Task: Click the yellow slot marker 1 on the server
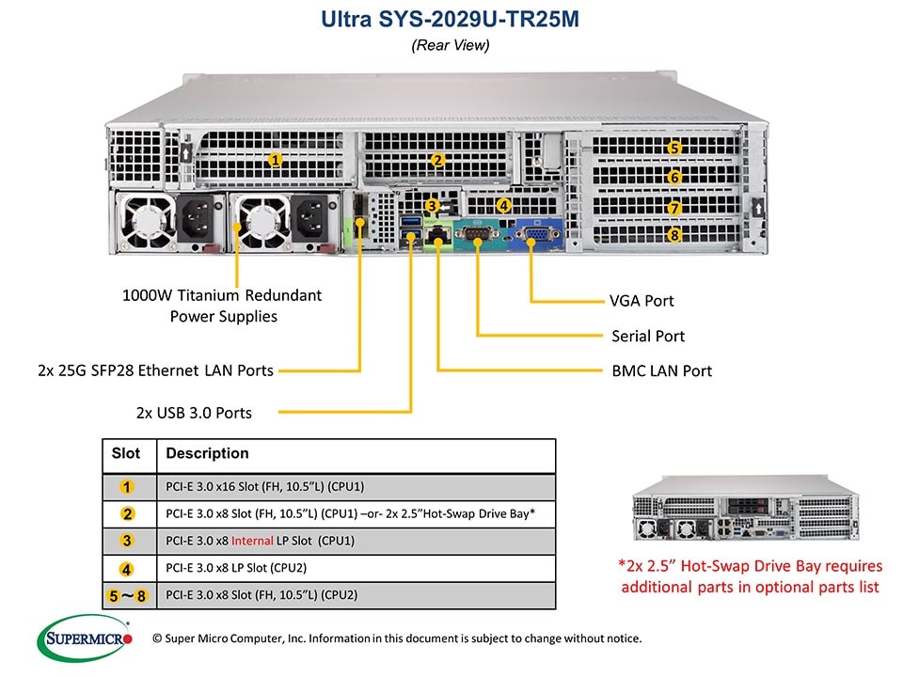(x=275, y=160)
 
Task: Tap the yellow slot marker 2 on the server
(x=437, y=160)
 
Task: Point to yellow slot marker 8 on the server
(x=673, y=235)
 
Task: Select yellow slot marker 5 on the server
(x=673, y=148)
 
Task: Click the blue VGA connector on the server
(x=531, y=231)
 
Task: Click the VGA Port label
(x=642, y=301)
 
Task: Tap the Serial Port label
(x=648, y=336)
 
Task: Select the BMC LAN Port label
(x=661, y=370)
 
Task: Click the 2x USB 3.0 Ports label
(x=194, y=412)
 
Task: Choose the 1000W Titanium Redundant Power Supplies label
(x=222, y=306)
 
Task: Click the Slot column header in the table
(x=126, y=453)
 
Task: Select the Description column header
(x=207, y=453)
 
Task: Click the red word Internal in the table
(x=252, y=541)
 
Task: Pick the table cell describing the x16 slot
(x=264, y=486)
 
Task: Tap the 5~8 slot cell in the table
(x=128, y=595)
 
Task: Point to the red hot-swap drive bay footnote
(x=750, y=576)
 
